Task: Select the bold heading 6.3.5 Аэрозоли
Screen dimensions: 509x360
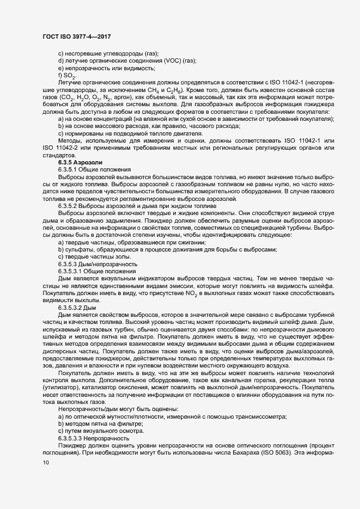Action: point(76,163)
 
